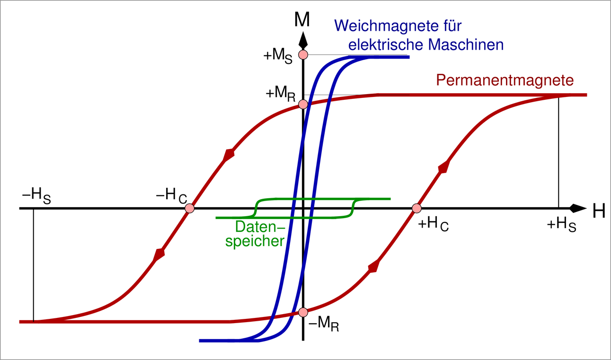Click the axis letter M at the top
302,19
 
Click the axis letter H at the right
599,211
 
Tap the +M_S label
278,56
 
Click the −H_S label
36,197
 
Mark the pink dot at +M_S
303,54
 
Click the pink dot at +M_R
303,104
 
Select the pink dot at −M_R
303,312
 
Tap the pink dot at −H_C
189,208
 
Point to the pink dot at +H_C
416,208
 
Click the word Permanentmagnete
505,80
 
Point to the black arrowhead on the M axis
303,38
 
